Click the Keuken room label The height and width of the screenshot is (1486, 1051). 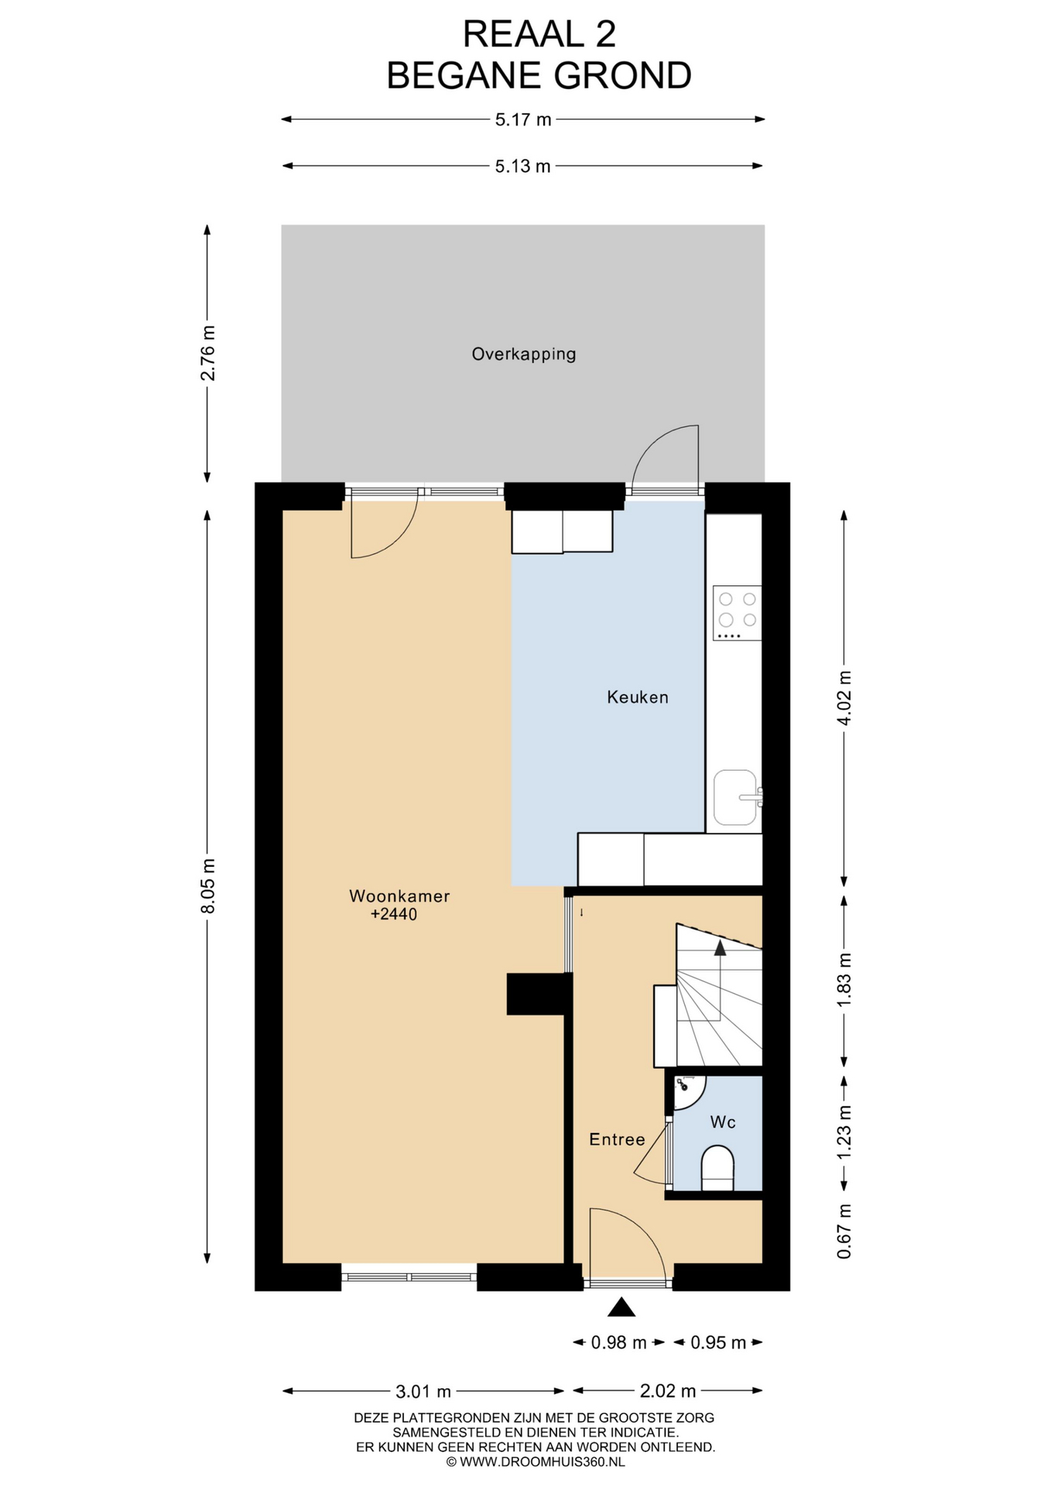(637, 697)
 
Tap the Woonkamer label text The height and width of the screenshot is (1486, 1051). (399, 896)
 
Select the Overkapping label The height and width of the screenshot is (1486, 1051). (524, 354)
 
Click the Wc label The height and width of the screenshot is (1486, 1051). (723, 1122)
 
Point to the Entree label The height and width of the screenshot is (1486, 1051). (617, 1139)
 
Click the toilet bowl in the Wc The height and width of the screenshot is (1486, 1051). (717, 1169)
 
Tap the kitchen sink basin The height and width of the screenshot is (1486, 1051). (734, 797)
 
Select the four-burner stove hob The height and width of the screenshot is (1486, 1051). (737, 613)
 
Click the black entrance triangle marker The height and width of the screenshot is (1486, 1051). (621, 1307)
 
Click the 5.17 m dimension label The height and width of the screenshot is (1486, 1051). (523, 119)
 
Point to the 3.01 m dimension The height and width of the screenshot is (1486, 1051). (423, 1392)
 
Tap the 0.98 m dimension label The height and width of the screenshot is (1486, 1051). (618, 1343)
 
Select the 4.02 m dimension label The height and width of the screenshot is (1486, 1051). (844, 697)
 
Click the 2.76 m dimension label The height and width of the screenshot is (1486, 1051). (208, 353)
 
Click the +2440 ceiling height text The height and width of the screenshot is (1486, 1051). (394, 915)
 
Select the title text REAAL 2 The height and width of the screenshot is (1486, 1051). (539, 35)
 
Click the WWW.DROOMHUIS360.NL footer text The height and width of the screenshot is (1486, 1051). (542, 1462)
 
